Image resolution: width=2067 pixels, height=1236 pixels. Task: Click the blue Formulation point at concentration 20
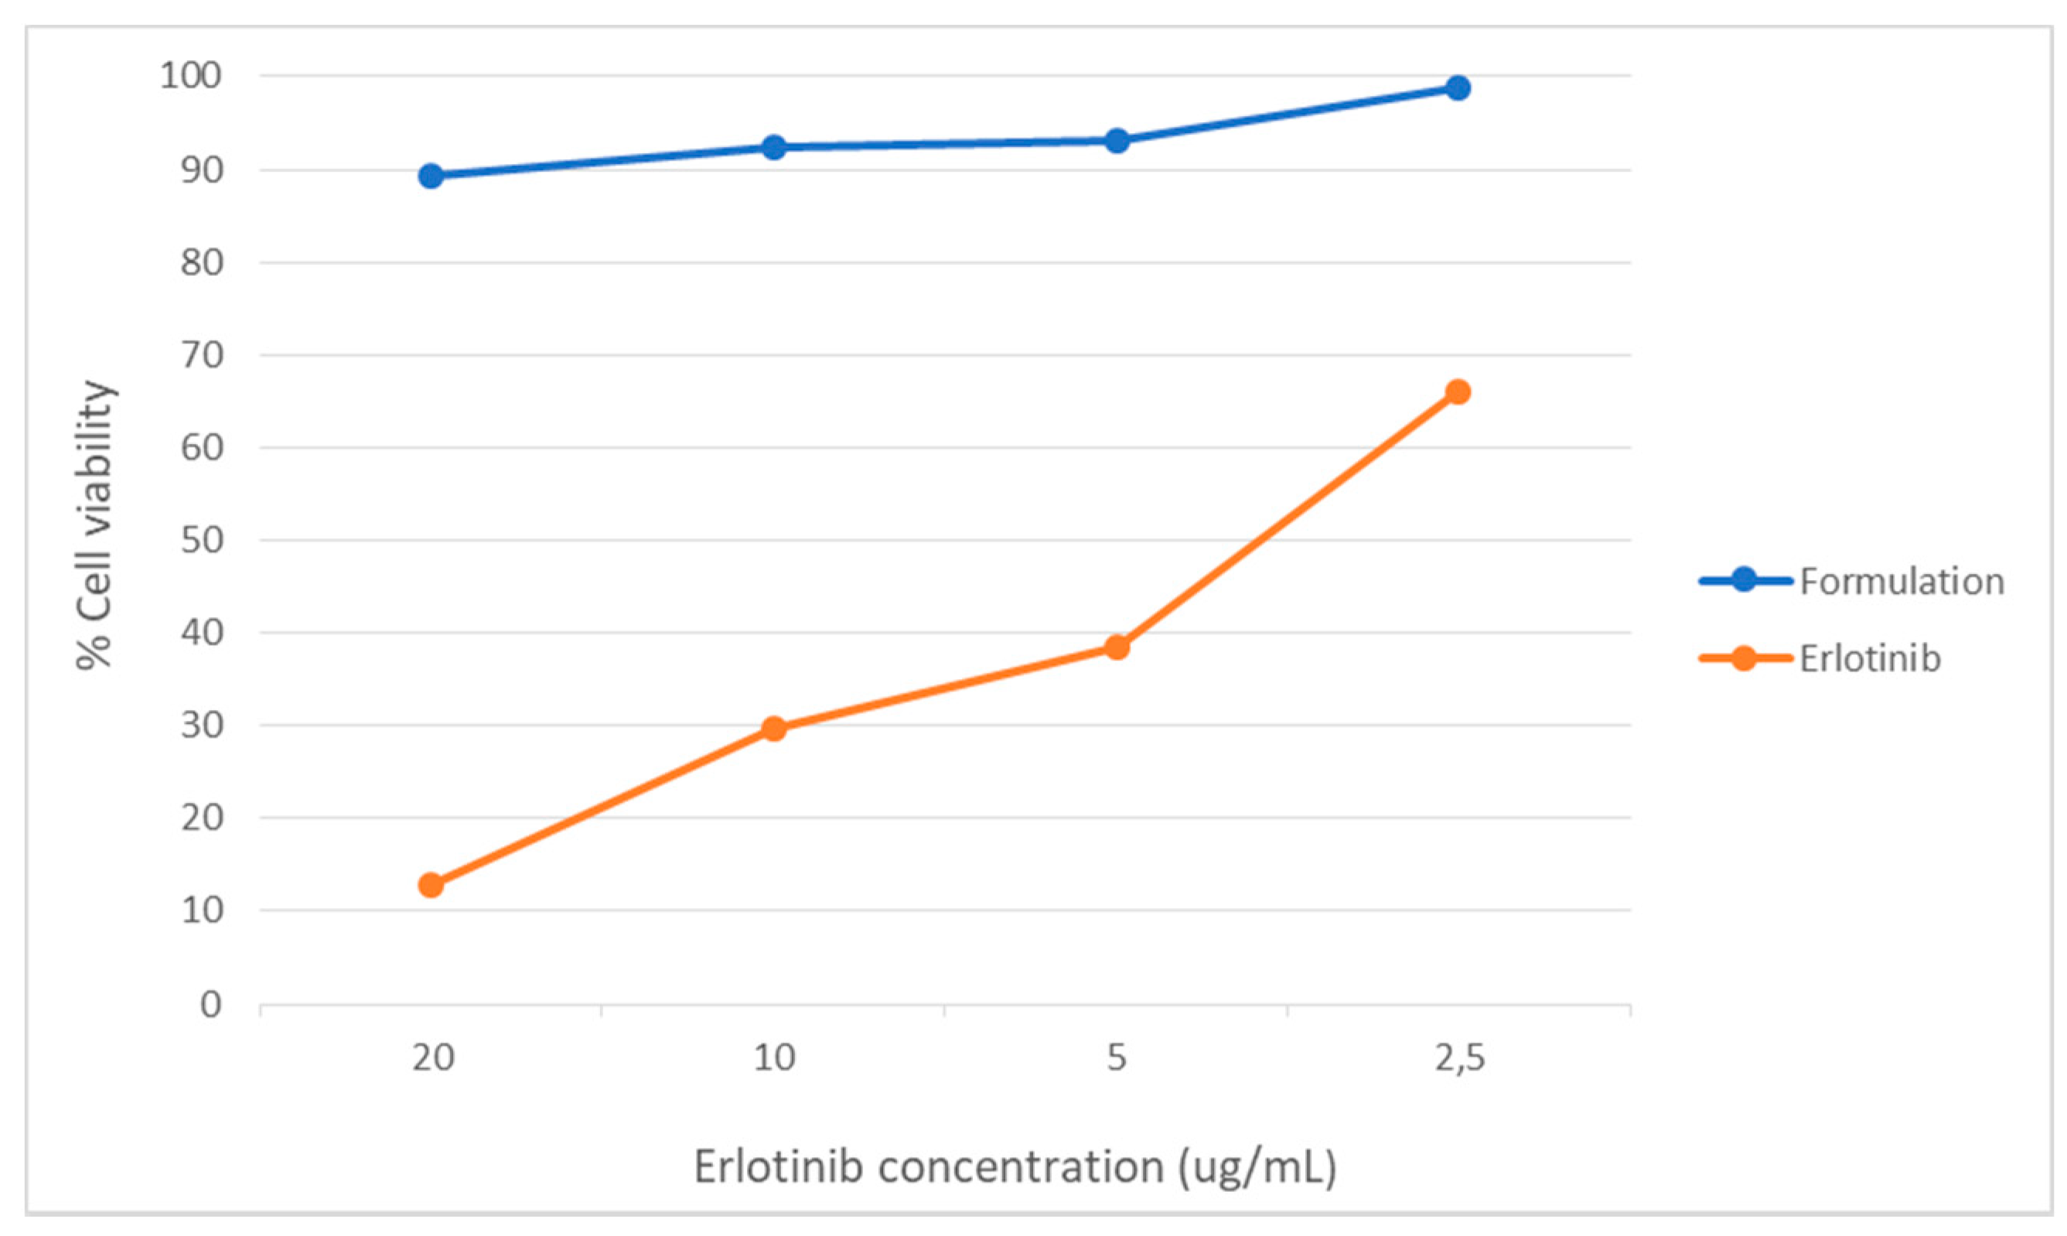click(x=431, y=176)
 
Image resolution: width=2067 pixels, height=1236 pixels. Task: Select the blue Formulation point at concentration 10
click(x=773, y=148)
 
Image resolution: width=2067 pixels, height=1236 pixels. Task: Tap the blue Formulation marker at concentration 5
click(x=1117, y=141)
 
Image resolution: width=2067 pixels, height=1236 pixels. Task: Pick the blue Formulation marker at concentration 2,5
click(x=1458, y=87)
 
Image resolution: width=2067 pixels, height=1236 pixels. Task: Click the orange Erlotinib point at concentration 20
click(x=431, y=885)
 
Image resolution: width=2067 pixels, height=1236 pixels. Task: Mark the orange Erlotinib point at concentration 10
click(x=773, y=729)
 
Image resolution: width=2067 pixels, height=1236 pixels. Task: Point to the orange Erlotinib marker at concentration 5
click(x=1117, y=647)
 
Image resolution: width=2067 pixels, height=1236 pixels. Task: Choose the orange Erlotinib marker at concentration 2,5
click(x=1458, y=391)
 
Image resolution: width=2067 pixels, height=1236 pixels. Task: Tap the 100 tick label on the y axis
click(x=191, y=76)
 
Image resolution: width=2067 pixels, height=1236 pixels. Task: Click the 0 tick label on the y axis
click(x=210, y=1005)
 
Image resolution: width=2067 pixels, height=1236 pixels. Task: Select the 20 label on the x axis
click(x=433, y=1058)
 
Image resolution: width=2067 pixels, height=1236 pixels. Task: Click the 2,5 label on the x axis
click(x=1459, y=1058)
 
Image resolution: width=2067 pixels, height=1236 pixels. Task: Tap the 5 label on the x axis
click(x=1117, y=1058)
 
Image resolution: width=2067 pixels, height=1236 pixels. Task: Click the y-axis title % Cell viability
click(x=94, y=524)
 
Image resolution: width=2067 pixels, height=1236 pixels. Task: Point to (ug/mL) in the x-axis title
click(x=1257, y=1168)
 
